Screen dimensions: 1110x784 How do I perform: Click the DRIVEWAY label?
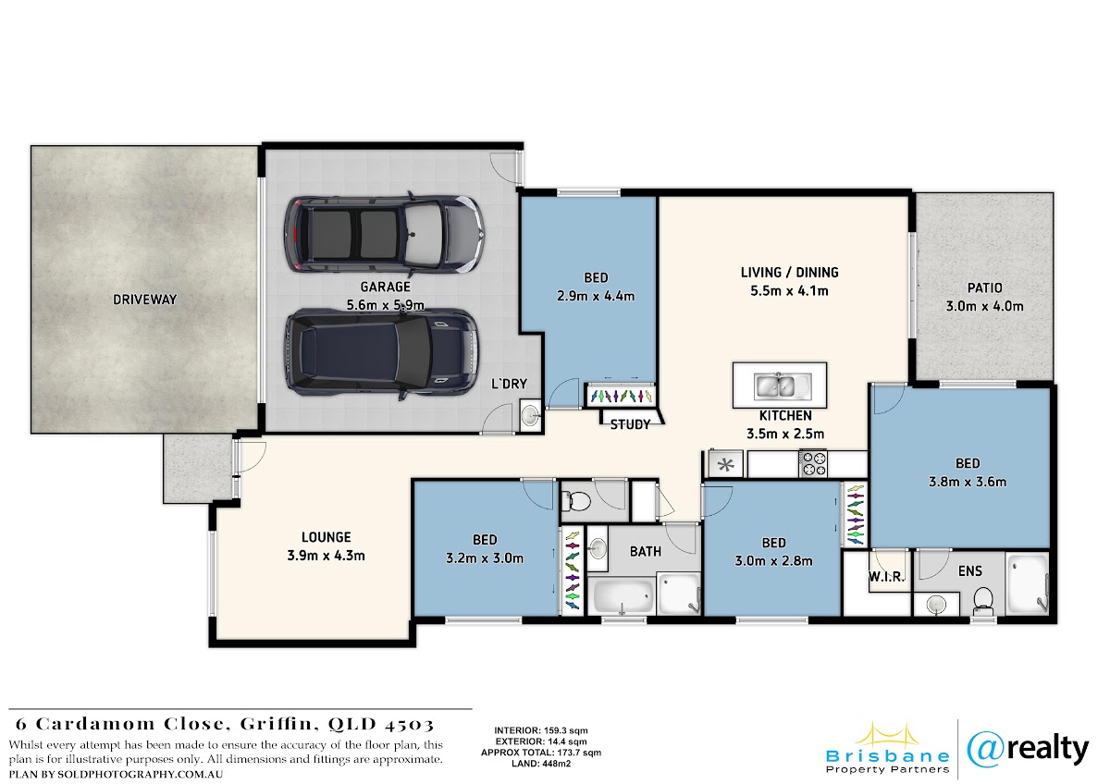tap(144, 300)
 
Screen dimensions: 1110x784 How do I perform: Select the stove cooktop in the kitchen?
tap(813, 463)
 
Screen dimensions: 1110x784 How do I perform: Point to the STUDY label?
tap(630, 424)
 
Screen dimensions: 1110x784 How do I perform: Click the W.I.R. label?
tap(886, 577)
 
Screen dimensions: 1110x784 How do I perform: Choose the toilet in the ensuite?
tap(982, 600)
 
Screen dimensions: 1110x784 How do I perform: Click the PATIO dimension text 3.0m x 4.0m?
tap(984, 306)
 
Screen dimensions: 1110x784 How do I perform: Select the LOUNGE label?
tap(326, 537)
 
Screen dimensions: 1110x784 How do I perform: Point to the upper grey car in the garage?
tap(384, 234)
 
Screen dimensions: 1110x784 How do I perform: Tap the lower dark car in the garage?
tap(382, 355)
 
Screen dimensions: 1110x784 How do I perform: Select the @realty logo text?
tap(1029, 750)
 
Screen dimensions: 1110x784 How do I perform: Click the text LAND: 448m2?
tap(541, 764)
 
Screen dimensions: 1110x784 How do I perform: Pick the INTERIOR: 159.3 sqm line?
tap(541, 730)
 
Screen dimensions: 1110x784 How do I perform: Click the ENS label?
tap(969, 571)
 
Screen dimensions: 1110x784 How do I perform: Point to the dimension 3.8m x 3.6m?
tap(968, 482)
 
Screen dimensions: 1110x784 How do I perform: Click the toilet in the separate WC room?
tap(575, 502)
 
